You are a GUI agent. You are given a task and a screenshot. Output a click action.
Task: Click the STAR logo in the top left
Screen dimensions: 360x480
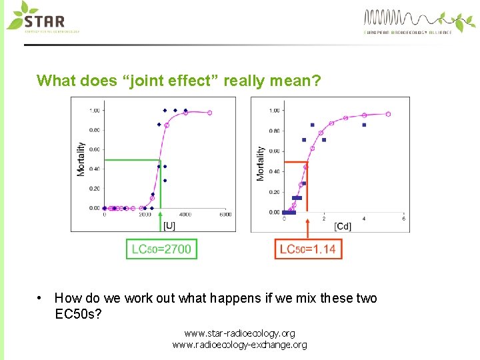click(41, 18)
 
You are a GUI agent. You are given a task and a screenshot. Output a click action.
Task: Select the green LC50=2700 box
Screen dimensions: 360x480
click(161, 249)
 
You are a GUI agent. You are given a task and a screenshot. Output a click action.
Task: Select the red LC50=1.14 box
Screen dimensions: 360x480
click(307, 249)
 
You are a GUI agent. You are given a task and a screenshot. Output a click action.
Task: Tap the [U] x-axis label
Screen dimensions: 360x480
click(170, 225)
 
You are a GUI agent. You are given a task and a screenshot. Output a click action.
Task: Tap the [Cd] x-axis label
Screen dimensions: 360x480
click(343, 226)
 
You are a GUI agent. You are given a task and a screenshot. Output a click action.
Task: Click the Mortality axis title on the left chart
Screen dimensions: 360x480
click(81, 159)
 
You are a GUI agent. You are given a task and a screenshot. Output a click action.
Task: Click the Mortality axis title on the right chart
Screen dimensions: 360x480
click(260, 163)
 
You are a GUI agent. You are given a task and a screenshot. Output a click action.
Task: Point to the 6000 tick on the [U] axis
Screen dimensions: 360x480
click(225, 215)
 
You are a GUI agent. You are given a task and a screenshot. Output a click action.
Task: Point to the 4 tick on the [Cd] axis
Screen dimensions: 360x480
click(364, 219)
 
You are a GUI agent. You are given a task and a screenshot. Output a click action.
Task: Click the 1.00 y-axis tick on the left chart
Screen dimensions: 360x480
click(95, 111)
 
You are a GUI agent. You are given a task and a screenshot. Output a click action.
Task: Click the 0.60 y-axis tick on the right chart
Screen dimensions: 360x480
click(274, 151)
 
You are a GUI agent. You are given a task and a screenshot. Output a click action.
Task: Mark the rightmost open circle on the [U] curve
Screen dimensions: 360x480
click(209, 113)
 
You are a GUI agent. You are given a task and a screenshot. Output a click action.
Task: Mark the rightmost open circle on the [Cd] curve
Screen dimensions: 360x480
click(388, 114)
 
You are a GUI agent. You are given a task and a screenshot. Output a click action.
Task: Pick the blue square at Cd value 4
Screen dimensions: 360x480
click(364, 125)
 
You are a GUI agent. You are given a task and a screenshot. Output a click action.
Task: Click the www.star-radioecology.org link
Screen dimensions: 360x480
click(239, 333)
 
